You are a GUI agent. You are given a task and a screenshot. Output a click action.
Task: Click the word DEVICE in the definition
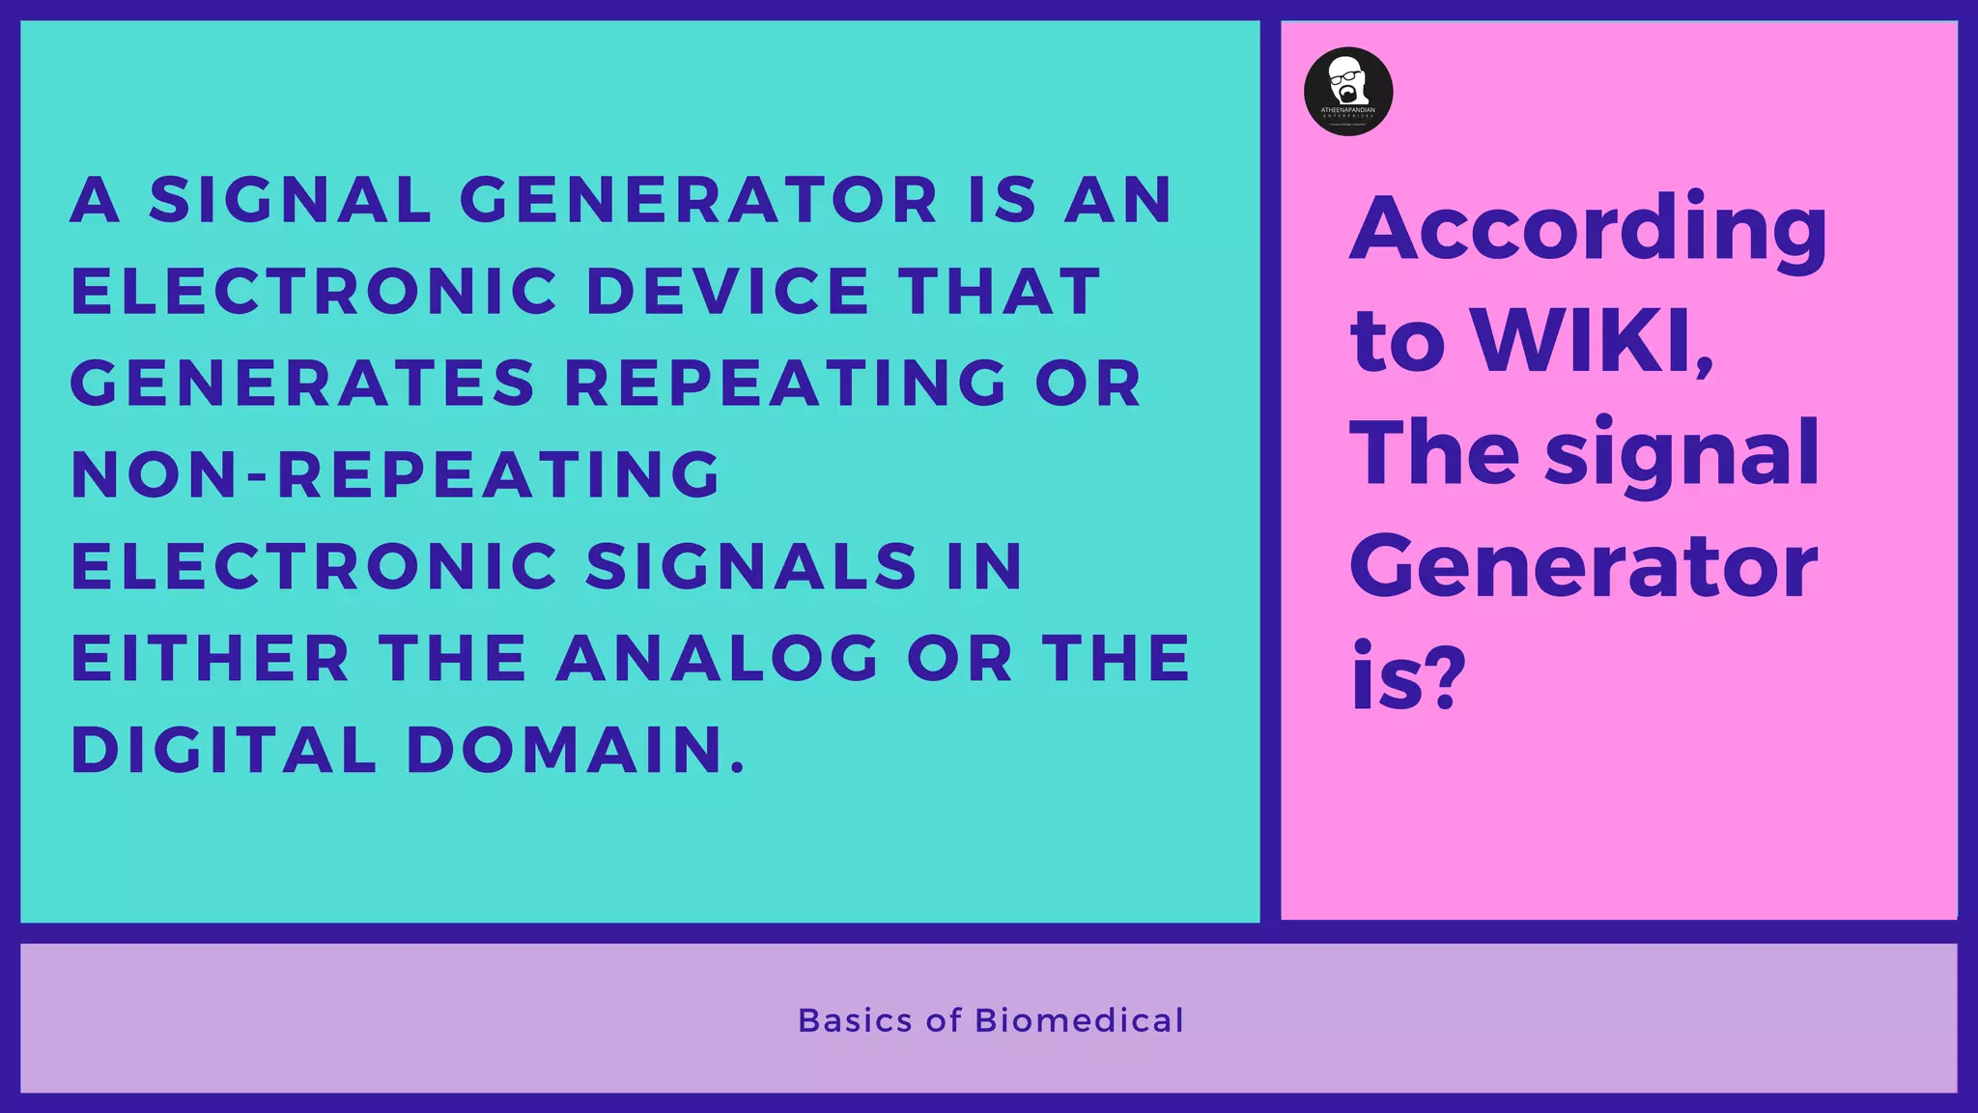(728, 291)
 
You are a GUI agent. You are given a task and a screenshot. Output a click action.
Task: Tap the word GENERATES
(302, 383)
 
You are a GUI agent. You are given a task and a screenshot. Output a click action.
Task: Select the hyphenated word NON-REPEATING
(396, 474)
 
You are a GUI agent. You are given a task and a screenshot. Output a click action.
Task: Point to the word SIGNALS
(751, 566)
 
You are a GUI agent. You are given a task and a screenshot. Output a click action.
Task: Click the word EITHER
(211, 658)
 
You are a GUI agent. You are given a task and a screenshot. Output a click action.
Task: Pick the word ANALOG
(718, 658)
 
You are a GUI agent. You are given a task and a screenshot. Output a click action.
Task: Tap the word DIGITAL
(224, 750)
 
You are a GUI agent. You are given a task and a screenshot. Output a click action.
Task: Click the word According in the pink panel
(1588, 230)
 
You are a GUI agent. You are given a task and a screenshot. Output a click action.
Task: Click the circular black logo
(1348, 92)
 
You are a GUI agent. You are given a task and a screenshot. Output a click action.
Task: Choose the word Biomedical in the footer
(1079, 1020)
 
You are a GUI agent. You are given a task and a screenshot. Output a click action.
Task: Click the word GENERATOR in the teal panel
(698, 200)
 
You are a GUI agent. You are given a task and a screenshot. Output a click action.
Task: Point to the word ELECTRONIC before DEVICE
(315, 291)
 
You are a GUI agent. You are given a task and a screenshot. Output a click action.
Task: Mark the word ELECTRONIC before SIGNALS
(315, 566)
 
